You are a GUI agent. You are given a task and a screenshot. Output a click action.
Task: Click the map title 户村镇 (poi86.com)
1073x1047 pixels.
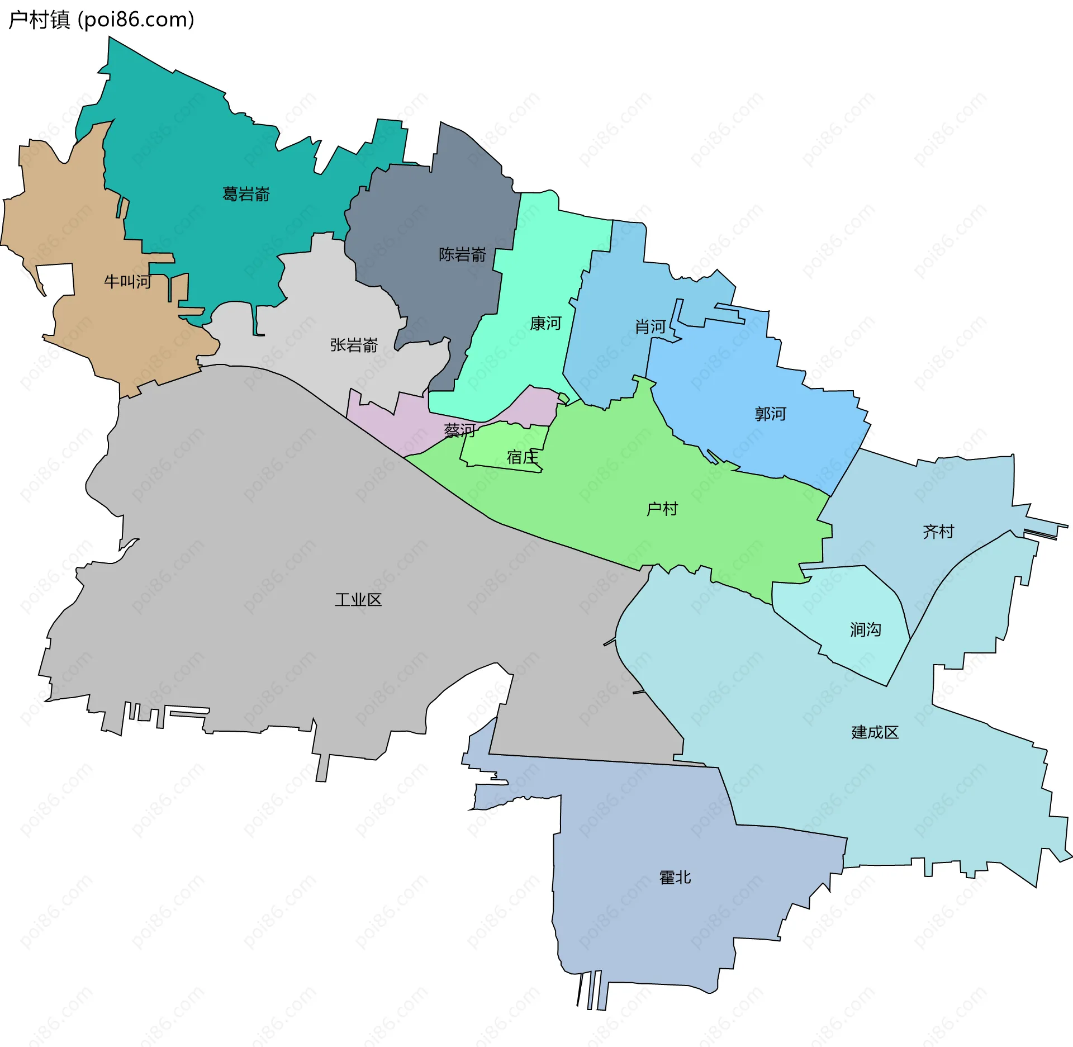pos(101,20)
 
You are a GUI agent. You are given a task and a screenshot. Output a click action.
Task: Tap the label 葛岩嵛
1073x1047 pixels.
pos(246,194)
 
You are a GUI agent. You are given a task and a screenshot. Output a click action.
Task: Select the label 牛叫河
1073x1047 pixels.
pos(127,281)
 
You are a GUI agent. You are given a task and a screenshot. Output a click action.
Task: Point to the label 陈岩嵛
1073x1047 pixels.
pos(462,254)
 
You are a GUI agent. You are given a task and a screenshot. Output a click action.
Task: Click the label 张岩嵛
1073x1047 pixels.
pos(354,345)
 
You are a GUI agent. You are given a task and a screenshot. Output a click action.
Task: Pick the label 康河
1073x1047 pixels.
pos(545,323)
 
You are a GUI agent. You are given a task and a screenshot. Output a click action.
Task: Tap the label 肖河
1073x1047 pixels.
pos(650,326)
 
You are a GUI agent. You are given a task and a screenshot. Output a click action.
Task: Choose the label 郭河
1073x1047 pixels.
pos(770,414)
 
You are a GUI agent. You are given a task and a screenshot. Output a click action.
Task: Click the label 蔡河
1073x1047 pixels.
pos(459,430)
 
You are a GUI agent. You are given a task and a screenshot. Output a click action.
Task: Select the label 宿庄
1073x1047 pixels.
pos(523,457)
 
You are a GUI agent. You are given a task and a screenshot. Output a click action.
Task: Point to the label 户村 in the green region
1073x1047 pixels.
pos(662,509)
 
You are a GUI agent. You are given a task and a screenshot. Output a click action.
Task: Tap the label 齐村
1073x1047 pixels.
pos(938,531)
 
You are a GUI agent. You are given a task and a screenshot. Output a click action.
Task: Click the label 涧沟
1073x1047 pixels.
pos(865,629)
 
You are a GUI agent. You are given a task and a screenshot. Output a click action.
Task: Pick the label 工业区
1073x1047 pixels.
pos(358,600)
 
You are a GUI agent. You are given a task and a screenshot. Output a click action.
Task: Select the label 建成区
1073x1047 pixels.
pos(875,732)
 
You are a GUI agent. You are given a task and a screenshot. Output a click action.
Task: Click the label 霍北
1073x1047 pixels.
pos(675,877)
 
